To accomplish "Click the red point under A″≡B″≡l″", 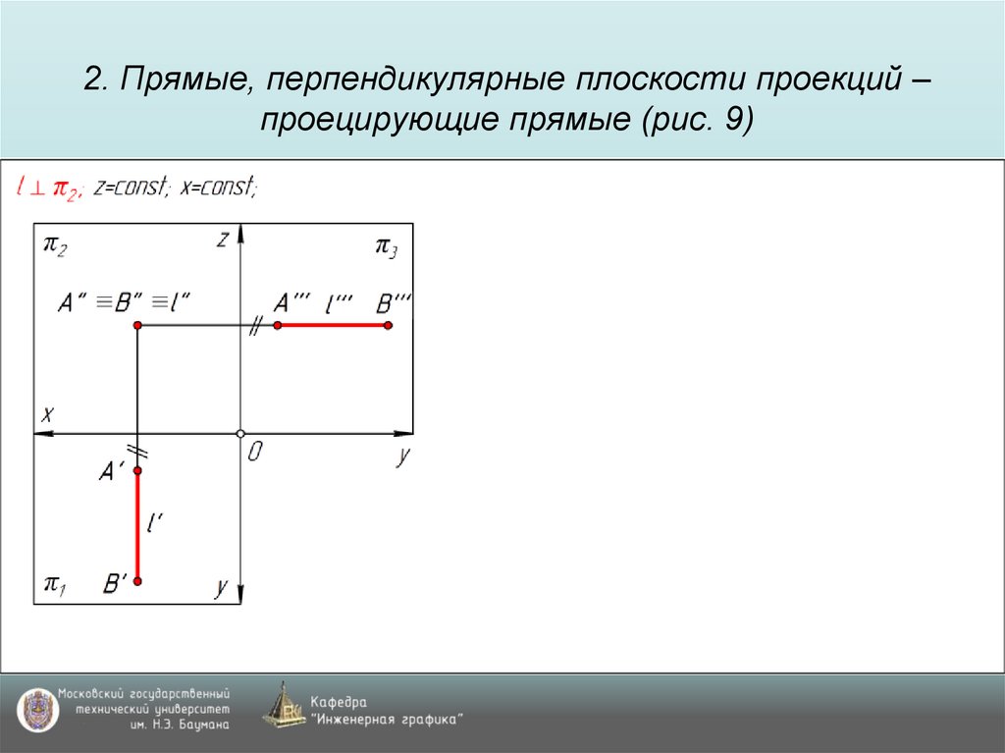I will pyautogui.click(x=137, y=325).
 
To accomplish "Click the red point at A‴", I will pyautogui.click(x=278, y=325).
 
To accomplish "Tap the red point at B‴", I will pyautogui.click(x=389, y=325).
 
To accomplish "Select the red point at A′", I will pyautogui.click(x=137, y=471).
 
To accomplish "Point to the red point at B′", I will pyautogui.click(x=137, y=582).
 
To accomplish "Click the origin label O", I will pyautogui.click(x=255, y=453).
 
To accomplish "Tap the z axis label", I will pyautogui.click(x=224, y=239).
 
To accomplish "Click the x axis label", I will pyautogui.click(x=45, y=414).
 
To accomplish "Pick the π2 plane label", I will pyautogui.click(x=55, y=245).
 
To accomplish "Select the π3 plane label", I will pyautogui.click(x=386, y=245).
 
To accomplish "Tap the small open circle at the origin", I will pyautogui.click(x=240, y=433).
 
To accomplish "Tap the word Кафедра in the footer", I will pyautogui.click(x=339, y=702).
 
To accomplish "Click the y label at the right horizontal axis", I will pyautogui.click(x=402, y=457).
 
